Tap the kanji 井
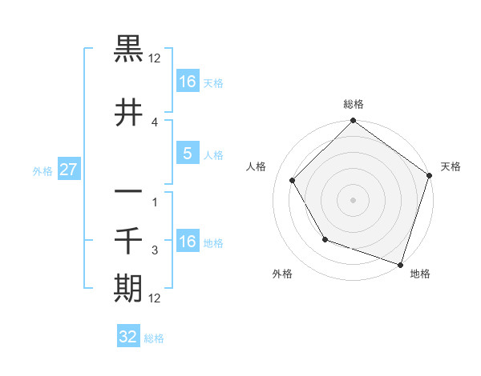point(128,113)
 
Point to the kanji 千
point(128,241)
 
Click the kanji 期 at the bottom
point(128,289)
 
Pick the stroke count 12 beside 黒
point(156,58)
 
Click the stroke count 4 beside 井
point(156,122)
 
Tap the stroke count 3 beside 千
point(156,250)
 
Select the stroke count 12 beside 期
point(156,298)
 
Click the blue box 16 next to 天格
point(187,82)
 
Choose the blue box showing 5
point(187,154)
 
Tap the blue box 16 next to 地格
point(187,242)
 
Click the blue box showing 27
point(68,170)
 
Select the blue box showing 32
point(128,337)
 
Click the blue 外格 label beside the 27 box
point(42,170)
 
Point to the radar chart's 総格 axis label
point(354,104)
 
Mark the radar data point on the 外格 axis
point(325,239)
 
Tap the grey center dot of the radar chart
point(354,200)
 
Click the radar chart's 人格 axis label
point(257,166)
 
